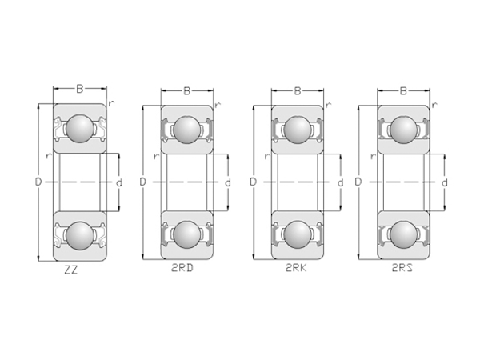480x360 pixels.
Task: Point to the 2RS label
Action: click(x=404, y=270)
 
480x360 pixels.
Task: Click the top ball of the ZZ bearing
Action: click(x=79, y=128)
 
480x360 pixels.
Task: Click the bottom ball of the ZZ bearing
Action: click(x=79, y=236)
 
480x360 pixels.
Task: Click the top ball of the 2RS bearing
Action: click(x=404, y=128)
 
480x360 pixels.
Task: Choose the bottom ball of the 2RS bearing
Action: click(x=404, y=235)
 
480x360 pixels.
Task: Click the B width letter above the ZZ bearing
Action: click(x=79, y=89)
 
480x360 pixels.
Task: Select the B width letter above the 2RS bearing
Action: click(x=403, y=91)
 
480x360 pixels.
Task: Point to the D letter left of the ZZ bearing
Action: click(x=38, y=182)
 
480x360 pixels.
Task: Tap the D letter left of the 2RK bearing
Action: click(x=253, y=182)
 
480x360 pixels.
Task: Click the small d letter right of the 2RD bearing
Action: click(x=228, y=182)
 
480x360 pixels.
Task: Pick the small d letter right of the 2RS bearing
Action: click(x=446, y=182)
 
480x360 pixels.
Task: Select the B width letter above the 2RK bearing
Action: click(x=296, y=91)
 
